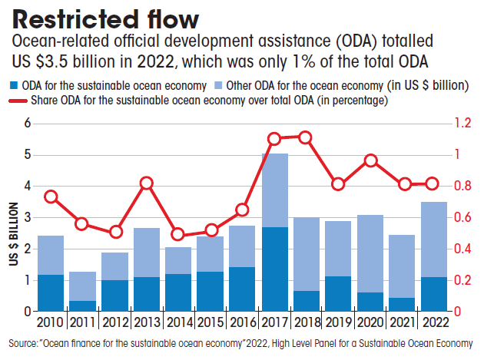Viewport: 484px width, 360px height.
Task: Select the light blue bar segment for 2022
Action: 435,239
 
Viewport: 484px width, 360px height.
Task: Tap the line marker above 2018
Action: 305,137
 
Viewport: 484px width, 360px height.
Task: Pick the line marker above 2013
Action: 147,183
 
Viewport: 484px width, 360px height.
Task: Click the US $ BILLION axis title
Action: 13,234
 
